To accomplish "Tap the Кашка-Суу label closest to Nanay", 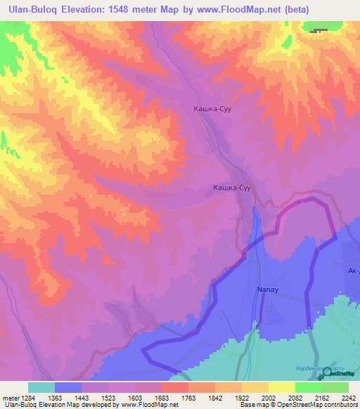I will click(231, 188).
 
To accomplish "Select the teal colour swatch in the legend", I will click(41, 387).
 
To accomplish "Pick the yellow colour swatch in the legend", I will click(281, 387).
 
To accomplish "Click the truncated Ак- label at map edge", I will click(352, 270).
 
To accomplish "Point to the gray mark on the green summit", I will click(319, 31).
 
